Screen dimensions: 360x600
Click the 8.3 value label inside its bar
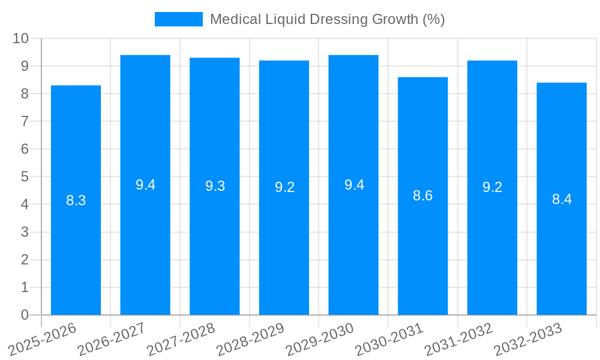coord(76,201)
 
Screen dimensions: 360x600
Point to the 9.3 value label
coord(215,186)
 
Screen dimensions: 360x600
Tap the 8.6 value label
coord(422,196)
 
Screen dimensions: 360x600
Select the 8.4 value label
coord(562,199)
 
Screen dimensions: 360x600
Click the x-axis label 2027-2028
coord(181,339)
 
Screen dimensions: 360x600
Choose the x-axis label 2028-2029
coord(250,339)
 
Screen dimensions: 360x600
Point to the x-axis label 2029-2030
coord(320,339)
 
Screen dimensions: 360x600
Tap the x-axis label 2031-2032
coord(459,339)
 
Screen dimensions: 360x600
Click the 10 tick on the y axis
coord(21,38)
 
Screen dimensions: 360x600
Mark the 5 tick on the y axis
coord(25,177)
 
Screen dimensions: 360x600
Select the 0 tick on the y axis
coord(25,315)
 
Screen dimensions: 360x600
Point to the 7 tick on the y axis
coord(25,121)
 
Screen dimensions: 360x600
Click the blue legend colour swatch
coord(178,19)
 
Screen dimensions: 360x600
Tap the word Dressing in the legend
coord(334,19)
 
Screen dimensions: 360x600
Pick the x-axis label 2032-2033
coord(528,339)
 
